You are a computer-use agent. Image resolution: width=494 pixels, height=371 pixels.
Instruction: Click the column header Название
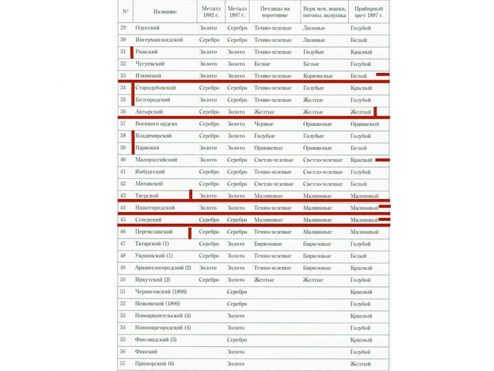pos(165,11)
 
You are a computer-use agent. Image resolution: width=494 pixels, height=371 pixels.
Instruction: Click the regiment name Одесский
pos(148,28)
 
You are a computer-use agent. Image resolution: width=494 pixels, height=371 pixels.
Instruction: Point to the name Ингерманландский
pos(159,40)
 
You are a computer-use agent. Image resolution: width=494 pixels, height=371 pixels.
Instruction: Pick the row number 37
pos(124,124)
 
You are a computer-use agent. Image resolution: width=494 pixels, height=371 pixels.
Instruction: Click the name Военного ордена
pos(157,124)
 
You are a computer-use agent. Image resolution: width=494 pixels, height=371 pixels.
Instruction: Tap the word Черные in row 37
pos(264,124)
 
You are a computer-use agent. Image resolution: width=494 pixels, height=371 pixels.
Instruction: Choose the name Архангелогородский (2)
pos(163,268)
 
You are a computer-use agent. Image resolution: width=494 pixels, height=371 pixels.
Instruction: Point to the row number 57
pos(124,364)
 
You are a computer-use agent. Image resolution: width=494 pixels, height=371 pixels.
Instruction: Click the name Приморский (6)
pos(154,364)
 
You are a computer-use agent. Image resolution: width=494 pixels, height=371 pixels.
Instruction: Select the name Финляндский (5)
pos(156,339)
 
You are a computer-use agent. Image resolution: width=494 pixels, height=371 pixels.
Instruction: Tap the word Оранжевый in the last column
pos(364,124)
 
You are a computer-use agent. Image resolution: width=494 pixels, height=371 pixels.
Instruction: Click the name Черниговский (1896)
pos(161,292)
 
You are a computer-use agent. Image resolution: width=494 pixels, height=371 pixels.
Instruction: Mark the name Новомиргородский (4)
pos(163,328)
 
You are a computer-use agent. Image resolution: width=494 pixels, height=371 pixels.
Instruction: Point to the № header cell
pos(125,11)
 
